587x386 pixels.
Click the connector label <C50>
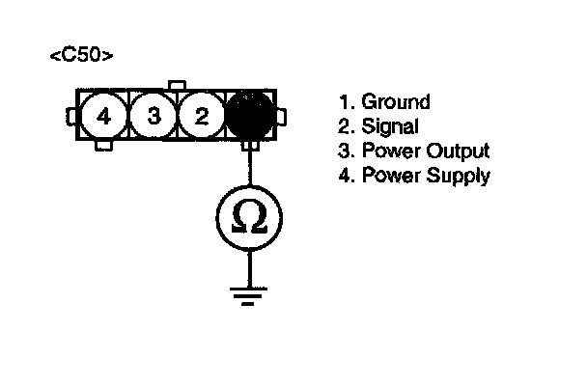pyautogui.click(x=81, y=57)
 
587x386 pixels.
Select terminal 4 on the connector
pyautogui.click(x=103, y=118)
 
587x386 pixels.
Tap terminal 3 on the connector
pyautogui.click(x=153, y=118)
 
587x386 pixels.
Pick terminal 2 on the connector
pyautogui.click(x=201, y=118)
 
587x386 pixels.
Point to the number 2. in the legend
pyautogui.click(x=345, y=127)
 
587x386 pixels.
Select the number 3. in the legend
pyautogui.click(x=345, y=152)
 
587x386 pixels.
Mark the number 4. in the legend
pyautogui.click(x=345, y=176)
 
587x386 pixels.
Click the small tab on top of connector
pyautogui.click(x=177, y=87)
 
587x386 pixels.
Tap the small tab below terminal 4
pyautogui.click(x=103, y=147)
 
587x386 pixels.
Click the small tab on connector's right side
pyautogui.click(x=280, y=118)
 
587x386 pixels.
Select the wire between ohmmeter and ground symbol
pyautogui.click(x=250, y=265)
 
